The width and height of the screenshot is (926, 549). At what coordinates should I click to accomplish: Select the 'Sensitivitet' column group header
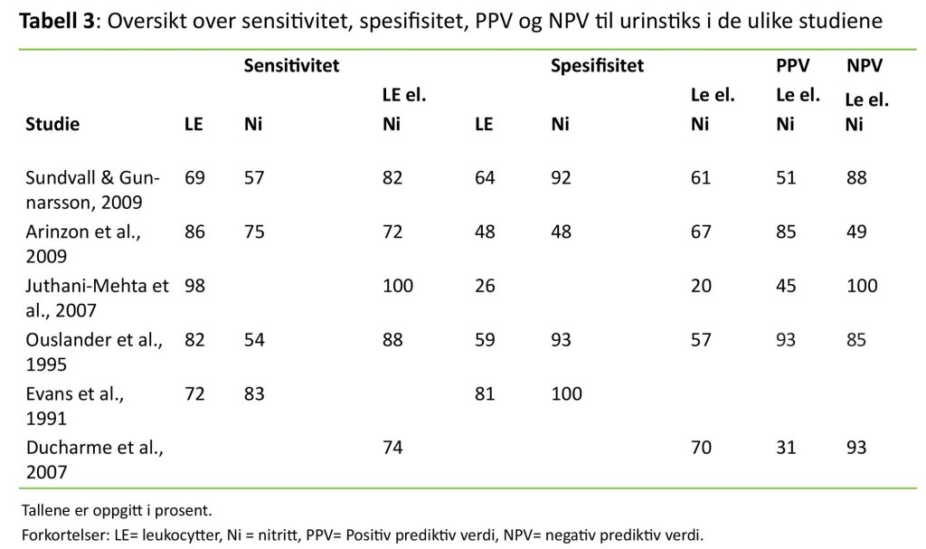pyautogui.click(x=291, y=66)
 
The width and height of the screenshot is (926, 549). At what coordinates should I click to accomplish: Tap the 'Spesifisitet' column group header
pyautogui.click(x=597, y=66)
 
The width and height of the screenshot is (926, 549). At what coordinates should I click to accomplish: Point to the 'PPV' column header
pyautogui.click(x=792, y=66)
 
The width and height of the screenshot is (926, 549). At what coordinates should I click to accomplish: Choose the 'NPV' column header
pyautogui.click(x=865, y=66)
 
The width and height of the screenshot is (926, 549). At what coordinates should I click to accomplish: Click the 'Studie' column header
pyautogui.click(x=52, y=125)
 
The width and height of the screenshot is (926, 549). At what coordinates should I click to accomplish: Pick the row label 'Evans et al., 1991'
pyautogui.click(x=73, y=406)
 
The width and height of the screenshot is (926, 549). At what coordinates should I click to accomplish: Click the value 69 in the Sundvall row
pyautogui.click(x=194, y=178)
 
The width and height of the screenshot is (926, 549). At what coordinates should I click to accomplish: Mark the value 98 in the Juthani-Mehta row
pyautogui.click(x=194, y=287)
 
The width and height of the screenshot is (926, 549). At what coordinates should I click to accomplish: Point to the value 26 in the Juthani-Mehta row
pyautogui.click(x=485, y=287)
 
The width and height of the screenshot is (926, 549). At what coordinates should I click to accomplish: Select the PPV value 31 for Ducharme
pyautogui.click(x=786, y=449)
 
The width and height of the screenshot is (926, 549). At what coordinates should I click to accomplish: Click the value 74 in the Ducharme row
pyautogui.click(x=392, y=449)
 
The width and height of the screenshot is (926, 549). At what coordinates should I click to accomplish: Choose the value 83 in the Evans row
pyautogui.click(x=254, y=394)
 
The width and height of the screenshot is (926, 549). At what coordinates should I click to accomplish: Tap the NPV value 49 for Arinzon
pyautogui.click(x=855, y=232)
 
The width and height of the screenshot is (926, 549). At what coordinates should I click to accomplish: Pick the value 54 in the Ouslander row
pyautogui.click(x=254, y=341)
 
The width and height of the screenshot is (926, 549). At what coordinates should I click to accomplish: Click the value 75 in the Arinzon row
pyautogui.click(x=254, y=232)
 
